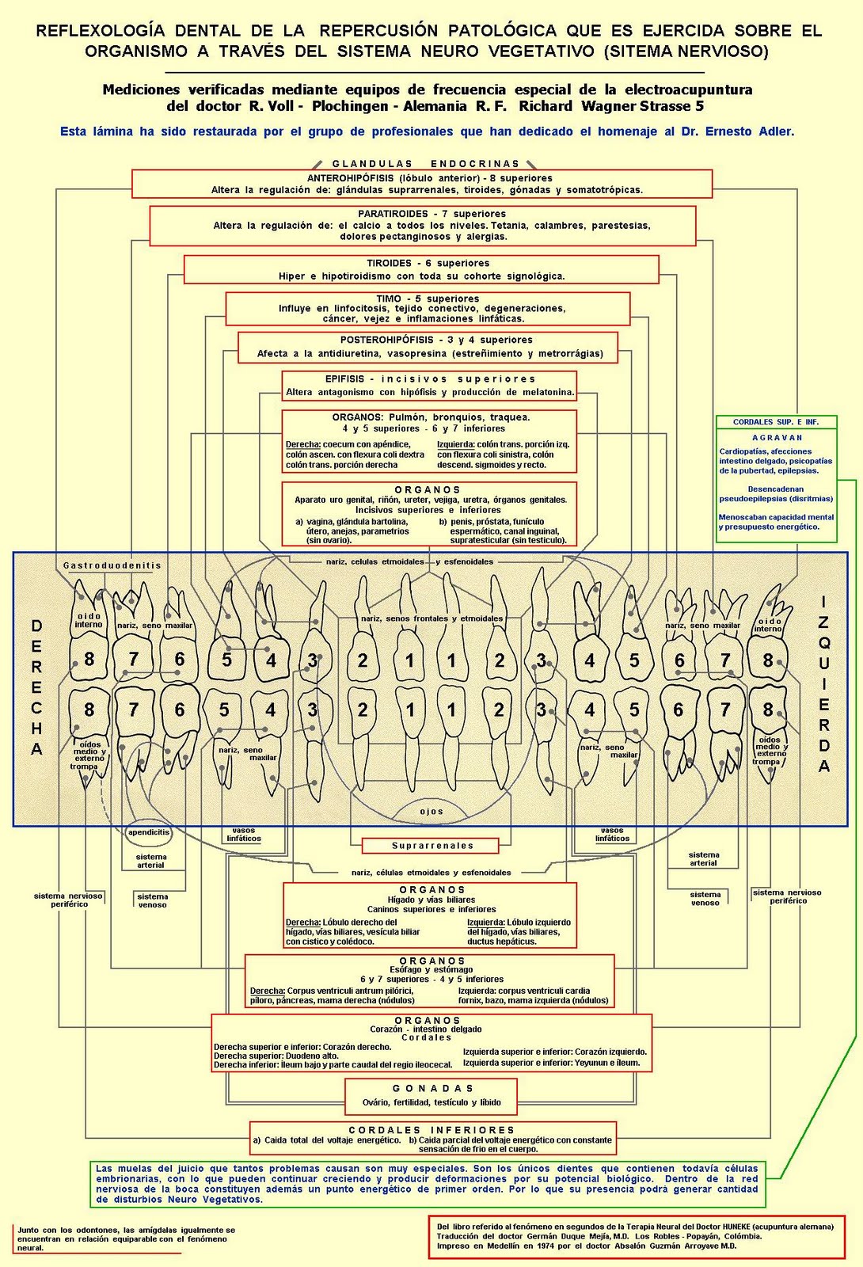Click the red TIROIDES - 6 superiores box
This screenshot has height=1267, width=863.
pyautogui.click(x=421, y=269)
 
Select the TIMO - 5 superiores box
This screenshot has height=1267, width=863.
pyautogui.click(x=428, y=308)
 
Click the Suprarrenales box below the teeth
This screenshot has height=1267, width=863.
pyautogui.click(x=431, y=846)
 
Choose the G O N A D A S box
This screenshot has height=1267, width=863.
pyautogui.click(x=431, y=1095)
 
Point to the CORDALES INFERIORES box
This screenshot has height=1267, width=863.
pyautogui.click(x=432, y=1138)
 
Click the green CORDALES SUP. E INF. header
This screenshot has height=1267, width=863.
pyautogui.click(x=775, y=422)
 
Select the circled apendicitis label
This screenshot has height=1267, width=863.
pyautogui.click(x=149, y=832)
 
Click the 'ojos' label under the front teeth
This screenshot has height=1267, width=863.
pyautogui.click(x=431, y=812)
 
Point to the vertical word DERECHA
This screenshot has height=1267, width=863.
pyautogui.click(x=36, y=687)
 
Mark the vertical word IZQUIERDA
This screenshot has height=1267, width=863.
pyautogui.click(x=824, y=684)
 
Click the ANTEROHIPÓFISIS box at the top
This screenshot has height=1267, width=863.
pyautogui.click(x=422, y=184)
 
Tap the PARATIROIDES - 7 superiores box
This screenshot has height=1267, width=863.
pyautogui.click(x=423, y=226)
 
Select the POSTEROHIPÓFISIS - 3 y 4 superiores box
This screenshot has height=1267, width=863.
pyautogui.click(x=428, y=347)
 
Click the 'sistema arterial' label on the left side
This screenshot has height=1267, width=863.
pyautogui.click(x=150, y=861)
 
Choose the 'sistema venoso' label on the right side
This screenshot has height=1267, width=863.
pyautogui.click(x=705, y=898)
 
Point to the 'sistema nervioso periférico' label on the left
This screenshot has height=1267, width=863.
pyautogui.click(x=70, y=900)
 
